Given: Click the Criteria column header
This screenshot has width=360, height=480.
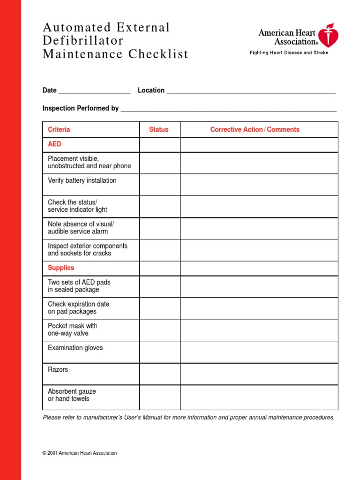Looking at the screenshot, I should (59, 129).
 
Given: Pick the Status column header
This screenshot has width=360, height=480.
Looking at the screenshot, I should (158, 129).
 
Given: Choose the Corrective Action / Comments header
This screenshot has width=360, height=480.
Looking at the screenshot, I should (255, 129).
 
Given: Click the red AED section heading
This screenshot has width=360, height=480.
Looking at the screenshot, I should (54, 144).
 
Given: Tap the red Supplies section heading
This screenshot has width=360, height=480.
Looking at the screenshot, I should (61, 268).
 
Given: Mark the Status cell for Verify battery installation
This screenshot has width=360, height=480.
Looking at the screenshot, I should (159, 185).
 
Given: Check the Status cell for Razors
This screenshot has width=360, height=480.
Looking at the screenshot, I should (159, 374).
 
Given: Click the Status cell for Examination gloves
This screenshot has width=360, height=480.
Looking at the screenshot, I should (159, 352).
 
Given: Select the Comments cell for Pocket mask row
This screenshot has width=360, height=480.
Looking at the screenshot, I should (259, 330).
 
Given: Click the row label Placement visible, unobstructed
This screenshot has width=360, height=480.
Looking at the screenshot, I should (89, 162).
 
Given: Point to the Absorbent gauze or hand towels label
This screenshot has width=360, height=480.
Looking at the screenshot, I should (72, 395).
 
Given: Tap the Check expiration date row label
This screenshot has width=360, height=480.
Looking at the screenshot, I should (78, 307).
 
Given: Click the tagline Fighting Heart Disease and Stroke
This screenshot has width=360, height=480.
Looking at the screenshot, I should (289, 52).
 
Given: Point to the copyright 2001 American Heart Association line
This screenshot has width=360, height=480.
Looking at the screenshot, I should (80, 453).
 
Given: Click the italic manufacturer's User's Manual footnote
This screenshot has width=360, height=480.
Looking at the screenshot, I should (188, 417).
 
